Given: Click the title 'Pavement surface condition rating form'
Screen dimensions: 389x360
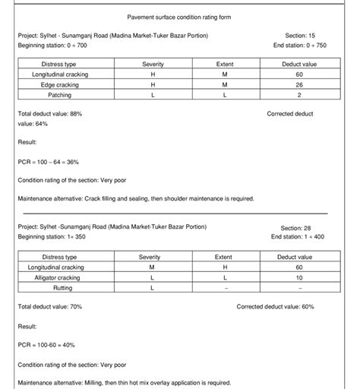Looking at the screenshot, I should click(x=179, y=17).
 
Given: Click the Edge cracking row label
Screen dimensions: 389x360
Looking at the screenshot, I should click(x=57, y=85).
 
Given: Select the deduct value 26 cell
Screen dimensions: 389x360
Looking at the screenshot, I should click(x=299, y=85).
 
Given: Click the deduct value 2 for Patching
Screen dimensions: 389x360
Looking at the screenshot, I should click(x=299, y=95).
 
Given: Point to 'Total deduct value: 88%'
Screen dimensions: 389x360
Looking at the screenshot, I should click(x=49, y=113).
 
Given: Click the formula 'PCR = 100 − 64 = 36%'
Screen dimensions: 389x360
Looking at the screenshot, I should click(x=48, y=162).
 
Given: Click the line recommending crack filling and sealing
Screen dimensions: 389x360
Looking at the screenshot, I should click(x=135, y=199).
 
